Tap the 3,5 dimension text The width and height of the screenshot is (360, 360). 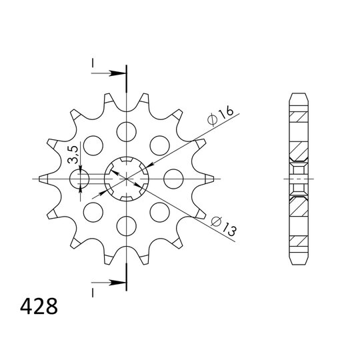point(74,155)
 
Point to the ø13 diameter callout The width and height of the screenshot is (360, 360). point(221,225)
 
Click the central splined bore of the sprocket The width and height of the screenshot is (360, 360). point(126,179)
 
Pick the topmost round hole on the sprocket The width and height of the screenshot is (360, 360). point(126,131)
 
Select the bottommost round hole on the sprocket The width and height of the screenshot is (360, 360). point(126,226)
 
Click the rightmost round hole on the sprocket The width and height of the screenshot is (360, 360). point(173,179)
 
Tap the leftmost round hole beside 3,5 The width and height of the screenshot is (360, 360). point(79,179)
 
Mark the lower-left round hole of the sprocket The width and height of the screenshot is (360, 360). point(93,212)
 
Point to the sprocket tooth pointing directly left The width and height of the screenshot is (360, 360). point(41,179)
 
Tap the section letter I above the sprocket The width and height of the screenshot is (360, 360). point(93,63)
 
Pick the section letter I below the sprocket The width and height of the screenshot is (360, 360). point(93,293)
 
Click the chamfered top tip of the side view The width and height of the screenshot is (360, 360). point(299,96)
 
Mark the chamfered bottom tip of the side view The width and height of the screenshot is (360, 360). point(299,261)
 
